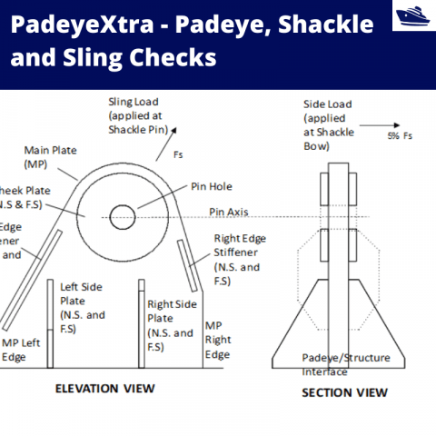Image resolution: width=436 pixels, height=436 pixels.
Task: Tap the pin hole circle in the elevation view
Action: click(x=123, y=217)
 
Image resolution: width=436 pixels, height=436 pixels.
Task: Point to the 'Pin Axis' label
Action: click(x=229, y=213)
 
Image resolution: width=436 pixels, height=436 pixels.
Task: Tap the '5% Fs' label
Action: click(x=399, y=135)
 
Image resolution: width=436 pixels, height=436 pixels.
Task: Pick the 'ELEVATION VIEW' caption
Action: click(x=104, y=389)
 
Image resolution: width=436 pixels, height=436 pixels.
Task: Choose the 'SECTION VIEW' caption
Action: click(x=344, y=392)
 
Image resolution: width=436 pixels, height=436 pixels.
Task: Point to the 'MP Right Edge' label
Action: click(x=218, y=340)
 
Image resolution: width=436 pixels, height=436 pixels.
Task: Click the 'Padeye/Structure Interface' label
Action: click(x=345, y=364)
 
